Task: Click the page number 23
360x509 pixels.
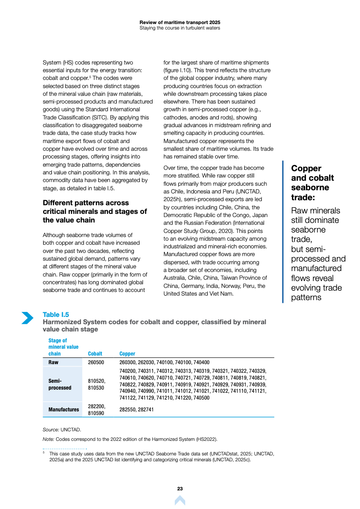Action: point(180,489)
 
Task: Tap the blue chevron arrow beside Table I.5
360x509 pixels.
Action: point(27,318)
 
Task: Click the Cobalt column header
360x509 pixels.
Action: point(95,354)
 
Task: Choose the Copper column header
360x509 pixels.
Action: point(127,354)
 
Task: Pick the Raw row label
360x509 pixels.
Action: point(54,362)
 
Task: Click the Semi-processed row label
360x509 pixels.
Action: point(60,384)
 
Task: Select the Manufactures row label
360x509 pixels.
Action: point(64,410)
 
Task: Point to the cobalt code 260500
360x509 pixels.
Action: point(96,362)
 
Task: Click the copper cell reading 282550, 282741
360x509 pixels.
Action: point(137,410)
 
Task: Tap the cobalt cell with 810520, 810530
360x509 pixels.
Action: point(96,384)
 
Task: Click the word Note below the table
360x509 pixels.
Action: point(48,439)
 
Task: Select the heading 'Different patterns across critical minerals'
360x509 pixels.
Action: point(94,211)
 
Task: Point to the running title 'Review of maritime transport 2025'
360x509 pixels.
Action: point(180,22)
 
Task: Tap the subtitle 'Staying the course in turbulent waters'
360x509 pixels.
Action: point(180,28)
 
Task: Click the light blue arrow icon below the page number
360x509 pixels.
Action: point(180,500)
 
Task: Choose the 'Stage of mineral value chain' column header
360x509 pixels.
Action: point(63,347)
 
